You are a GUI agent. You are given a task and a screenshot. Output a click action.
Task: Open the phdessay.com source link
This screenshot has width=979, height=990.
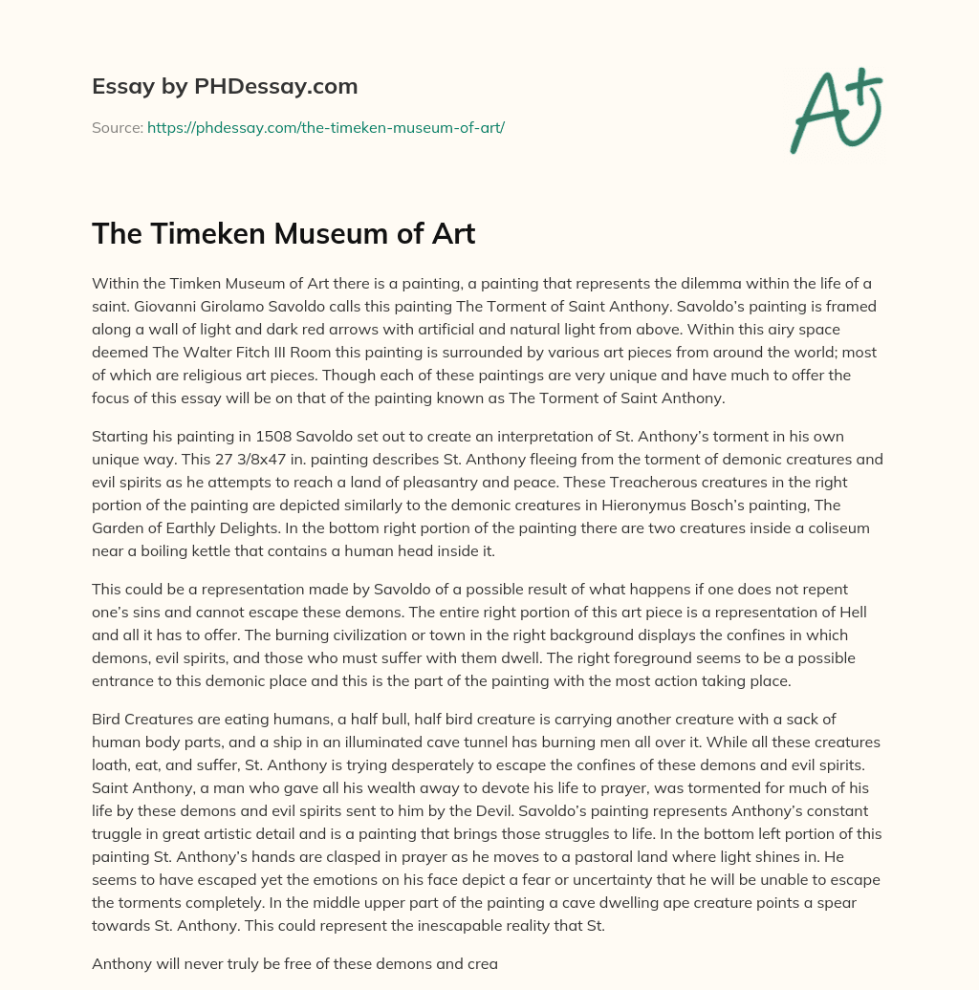[325, 127]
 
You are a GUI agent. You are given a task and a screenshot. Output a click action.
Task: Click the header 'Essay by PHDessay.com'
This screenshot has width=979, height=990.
[225, 86]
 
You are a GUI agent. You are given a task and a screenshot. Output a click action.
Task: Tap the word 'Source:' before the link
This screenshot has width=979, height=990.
[118, 127]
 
